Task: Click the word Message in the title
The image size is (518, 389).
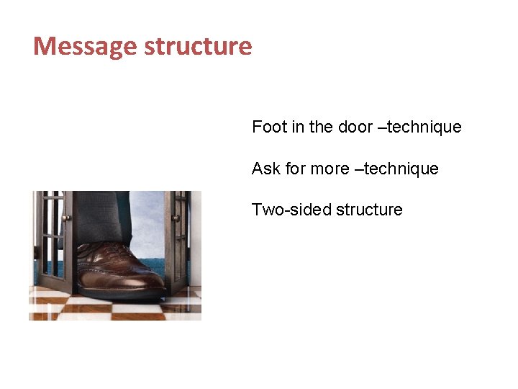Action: point(86,47)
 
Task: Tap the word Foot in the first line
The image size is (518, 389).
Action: point(269,128)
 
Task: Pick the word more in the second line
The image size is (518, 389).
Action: point(330,169)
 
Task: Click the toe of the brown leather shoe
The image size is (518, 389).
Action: point(147,279)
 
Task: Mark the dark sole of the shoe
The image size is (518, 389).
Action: point(122,293)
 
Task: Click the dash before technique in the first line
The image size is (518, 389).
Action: point(381,128)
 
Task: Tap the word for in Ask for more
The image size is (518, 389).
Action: point(295,169)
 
